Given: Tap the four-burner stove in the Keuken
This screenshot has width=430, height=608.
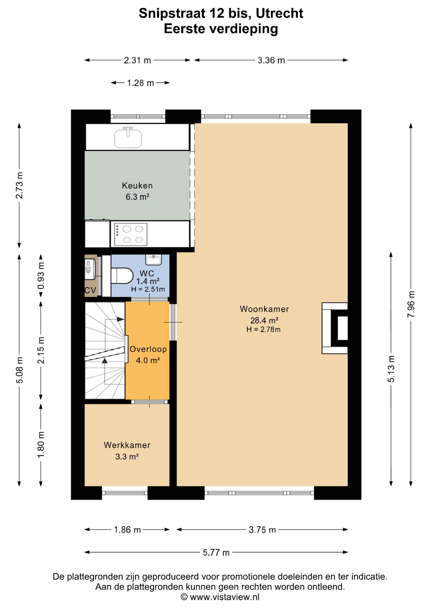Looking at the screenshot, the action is (x=130, y=234).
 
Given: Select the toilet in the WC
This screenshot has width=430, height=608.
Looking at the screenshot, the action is (x=122, y=276).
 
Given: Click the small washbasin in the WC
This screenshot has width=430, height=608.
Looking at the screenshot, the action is (x=153, y=259).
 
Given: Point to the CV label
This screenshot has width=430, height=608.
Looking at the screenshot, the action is (x=90, y=290).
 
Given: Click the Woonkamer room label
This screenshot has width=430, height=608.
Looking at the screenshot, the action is (x=264, y=309).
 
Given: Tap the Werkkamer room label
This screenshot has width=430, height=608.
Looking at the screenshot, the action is (x=127, y=445).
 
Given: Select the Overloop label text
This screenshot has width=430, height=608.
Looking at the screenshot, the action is (x=148, y=349).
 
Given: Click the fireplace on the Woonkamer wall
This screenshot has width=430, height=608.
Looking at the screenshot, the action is (x=335, y=328).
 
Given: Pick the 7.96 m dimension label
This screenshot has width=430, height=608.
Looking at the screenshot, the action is (x=411, y=304).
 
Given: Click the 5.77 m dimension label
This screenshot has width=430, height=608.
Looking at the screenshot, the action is (x=216, y=553).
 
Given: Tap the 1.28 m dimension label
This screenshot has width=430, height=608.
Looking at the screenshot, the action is (x=140, y=83).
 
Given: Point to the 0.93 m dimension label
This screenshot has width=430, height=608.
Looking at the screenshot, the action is (x=41, y=276).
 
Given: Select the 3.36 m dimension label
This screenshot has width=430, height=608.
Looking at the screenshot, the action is (x=271, y=60).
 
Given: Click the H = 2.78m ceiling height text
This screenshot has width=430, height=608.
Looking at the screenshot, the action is (x=263, y=329).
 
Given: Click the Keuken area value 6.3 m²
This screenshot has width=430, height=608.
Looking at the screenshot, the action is (x=137, y=197).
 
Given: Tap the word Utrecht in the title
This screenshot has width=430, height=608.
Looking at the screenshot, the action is (x=279, y=13).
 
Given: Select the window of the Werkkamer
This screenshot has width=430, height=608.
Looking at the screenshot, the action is (x=125, y=493).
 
